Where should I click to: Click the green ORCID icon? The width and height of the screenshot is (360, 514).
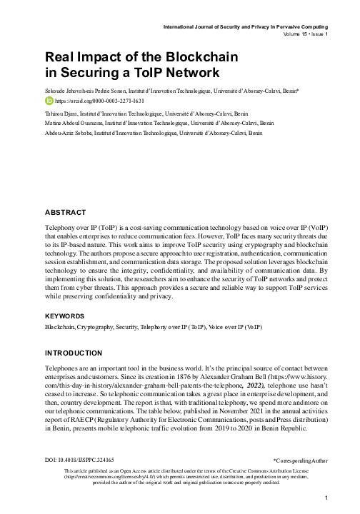tap(49, 102)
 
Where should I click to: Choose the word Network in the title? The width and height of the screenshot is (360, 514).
tap(181, 72)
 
